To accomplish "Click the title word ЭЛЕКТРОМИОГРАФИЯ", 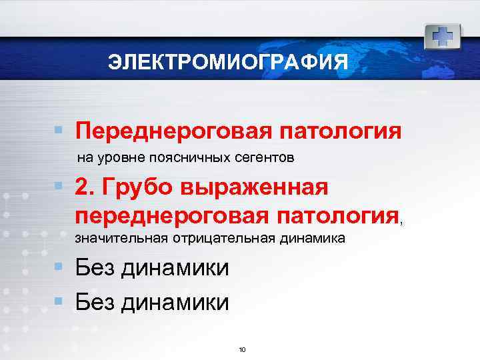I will (x=229, y=63).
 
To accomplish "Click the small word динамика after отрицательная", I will (x=311, y=239).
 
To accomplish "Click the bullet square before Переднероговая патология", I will (x=59, y=128).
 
